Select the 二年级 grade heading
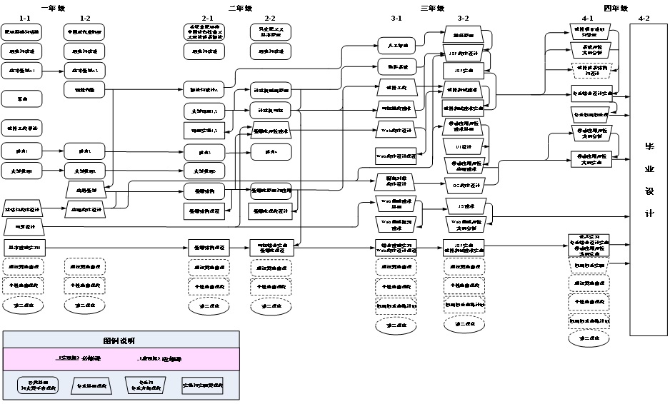(240, 8)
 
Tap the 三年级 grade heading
(432, 8)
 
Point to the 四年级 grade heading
(616, 8)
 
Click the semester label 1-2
(85, 17)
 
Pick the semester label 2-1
(208, 17)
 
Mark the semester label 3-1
(396, 17)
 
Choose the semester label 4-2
(644, 17)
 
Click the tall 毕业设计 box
(649, 179)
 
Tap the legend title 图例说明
(119, 340)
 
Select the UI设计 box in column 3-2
(464, 148)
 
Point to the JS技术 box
(462, 206)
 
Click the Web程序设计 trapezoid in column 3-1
(396, 131)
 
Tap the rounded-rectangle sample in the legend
(38, 385)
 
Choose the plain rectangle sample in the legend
(202, 385)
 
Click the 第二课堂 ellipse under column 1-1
(23, 304)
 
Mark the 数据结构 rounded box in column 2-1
(204, 191)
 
